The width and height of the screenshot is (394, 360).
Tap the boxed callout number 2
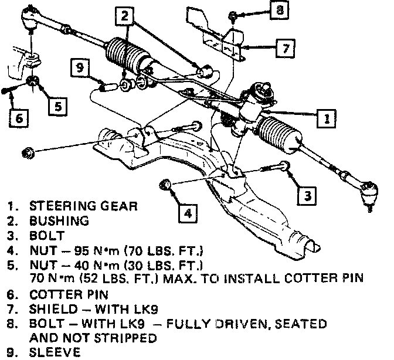[x=125, y=18]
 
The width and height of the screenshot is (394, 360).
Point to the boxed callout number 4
[x=186, y=212]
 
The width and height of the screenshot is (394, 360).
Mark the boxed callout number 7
[x=286, y=47]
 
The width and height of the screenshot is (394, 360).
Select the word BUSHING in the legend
[x=59, y=222]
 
